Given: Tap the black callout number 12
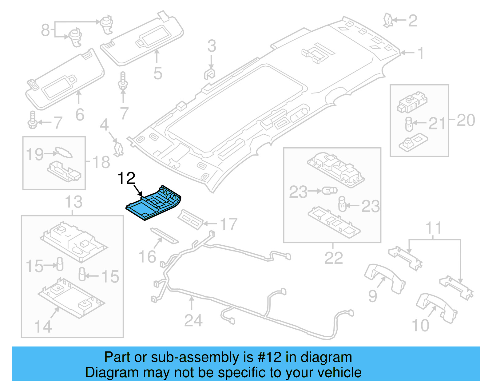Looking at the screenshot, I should pos(126,179).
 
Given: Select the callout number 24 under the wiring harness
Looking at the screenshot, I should pos(193,321).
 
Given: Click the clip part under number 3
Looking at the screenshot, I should pos(210,74).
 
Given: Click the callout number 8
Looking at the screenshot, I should pos(45,30).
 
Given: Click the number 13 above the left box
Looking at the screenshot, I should pos(73,202).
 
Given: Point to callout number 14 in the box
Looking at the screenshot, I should pos(43,327).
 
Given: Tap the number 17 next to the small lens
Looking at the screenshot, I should pos(228,224).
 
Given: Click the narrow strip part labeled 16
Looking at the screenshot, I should pos(164,235).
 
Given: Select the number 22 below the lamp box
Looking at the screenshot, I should pos(334,258).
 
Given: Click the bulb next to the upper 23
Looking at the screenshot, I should pos(329,191).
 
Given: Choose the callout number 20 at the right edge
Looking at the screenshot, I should pos(466,120).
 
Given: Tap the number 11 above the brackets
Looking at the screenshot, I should pos(434,228).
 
